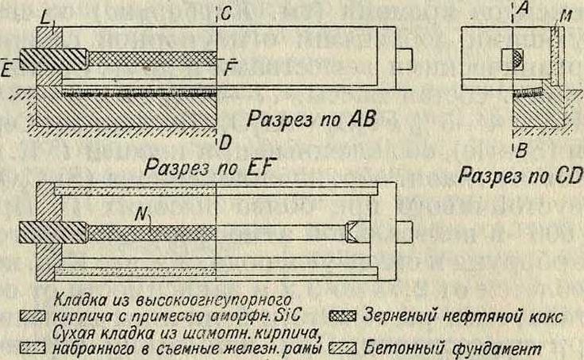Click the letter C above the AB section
(x=226, y=12)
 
